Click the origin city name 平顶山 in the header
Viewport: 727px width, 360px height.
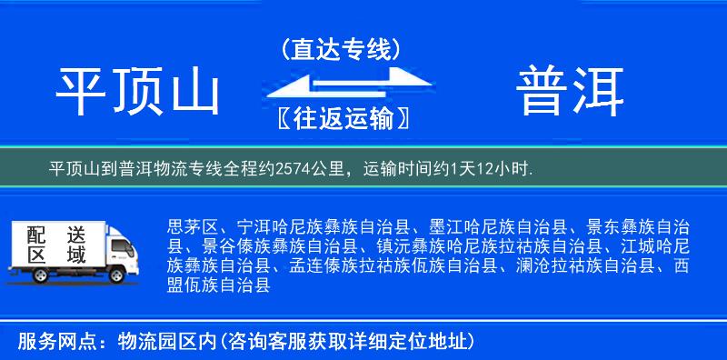click(x=139, y=93)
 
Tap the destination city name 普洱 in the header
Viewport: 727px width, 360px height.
click(x=570, y=93)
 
